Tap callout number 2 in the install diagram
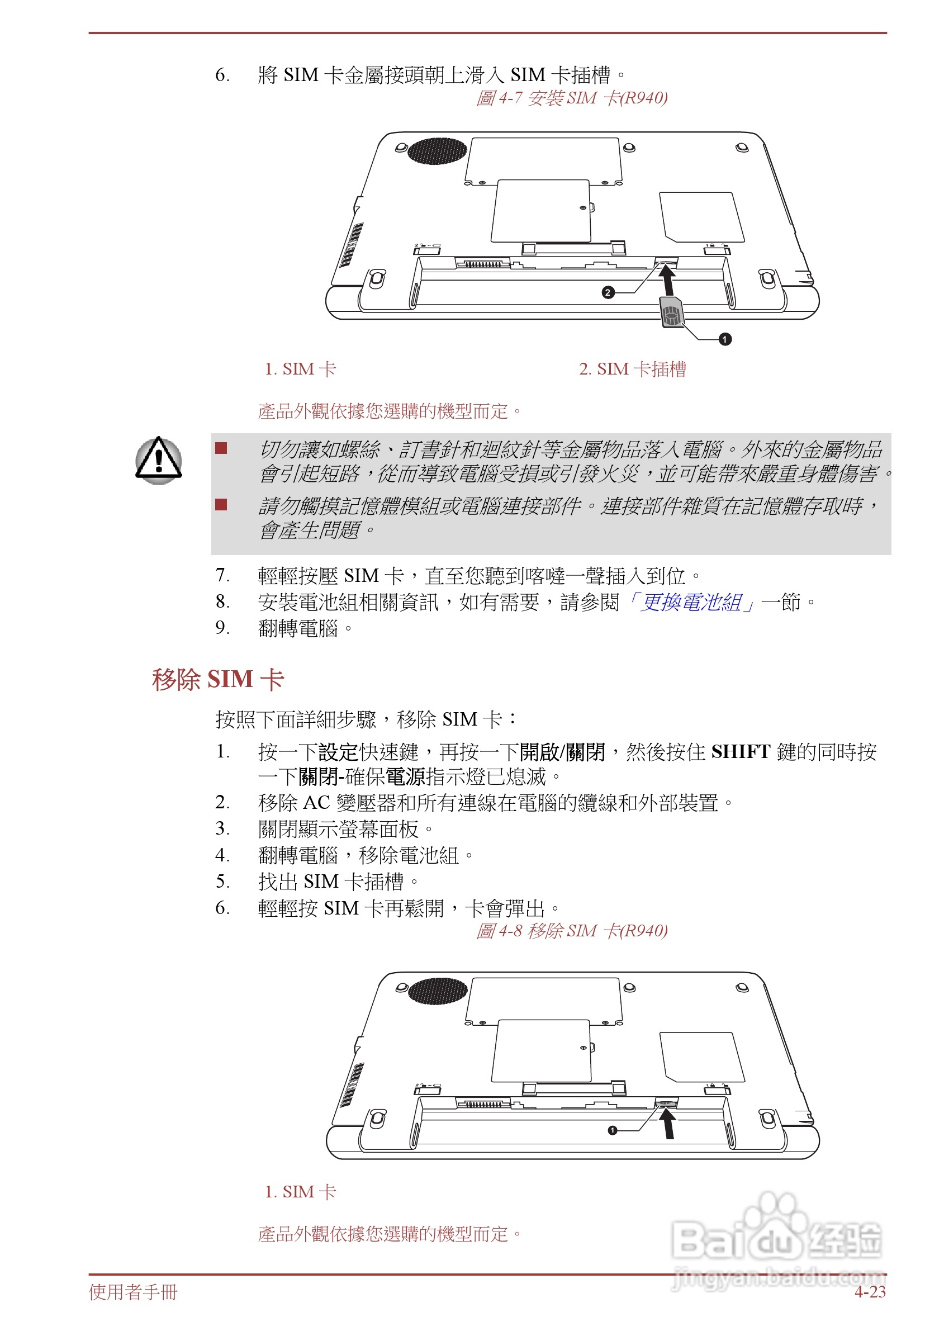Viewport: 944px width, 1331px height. (x=608, y=292)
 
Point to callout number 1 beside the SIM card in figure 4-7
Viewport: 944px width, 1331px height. (x=725, y=339)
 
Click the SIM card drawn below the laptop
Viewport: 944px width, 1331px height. (x=671, y=312)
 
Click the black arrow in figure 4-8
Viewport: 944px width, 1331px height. (x=668, y=1122)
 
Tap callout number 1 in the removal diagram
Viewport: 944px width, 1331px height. (x=612, y=1130)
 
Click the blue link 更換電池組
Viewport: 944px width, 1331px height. (x=691, y=603)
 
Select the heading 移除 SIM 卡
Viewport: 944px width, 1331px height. (x=218, y=679)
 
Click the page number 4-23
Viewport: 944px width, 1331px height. (x=870, y=1292)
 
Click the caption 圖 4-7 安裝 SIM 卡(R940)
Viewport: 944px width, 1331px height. (x=571, y=98)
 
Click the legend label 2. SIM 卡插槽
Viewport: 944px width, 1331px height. (x=633, y=369)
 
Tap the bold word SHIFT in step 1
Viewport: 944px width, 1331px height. (x=741, y=752)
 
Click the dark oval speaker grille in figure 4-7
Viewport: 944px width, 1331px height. (x=437, y=151)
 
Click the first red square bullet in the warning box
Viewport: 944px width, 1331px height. (x=221, y=448)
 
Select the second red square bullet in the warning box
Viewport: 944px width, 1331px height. (x=221, y=504)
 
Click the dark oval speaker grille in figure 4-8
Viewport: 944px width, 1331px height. (x=438, y=991)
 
